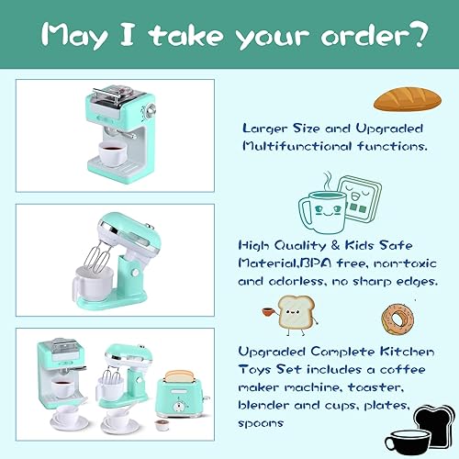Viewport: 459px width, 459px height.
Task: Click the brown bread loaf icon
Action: pyautogui.click(x=397, y=97)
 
